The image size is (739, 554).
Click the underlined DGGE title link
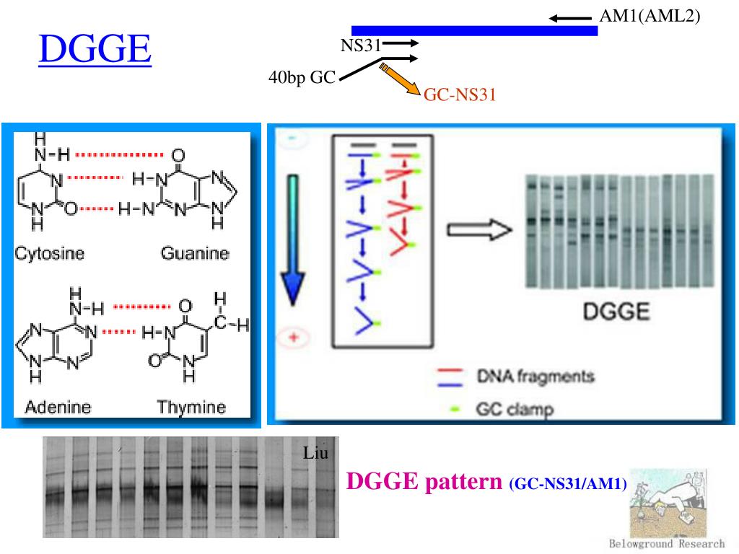tap(95, 49)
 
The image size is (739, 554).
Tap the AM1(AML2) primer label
tap(650, 16)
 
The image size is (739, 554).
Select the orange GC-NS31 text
tap(459, 94)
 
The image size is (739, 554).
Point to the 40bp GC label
tap(302, 78)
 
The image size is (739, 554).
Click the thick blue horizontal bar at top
tap(474, 30)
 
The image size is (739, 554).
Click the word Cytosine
tap(50, 253)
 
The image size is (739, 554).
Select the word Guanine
tap(195, 253)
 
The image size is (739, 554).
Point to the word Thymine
tap(191, 407)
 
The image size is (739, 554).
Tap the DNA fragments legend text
tap(535, 376)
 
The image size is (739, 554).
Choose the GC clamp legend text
tap(515, 410)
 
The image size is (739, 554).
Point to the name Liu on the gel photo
tap(316, 454)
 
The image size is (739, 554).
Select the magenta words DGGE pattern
tap(423, 481)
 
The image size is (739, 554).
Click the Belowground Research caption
tap(667, 544)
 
